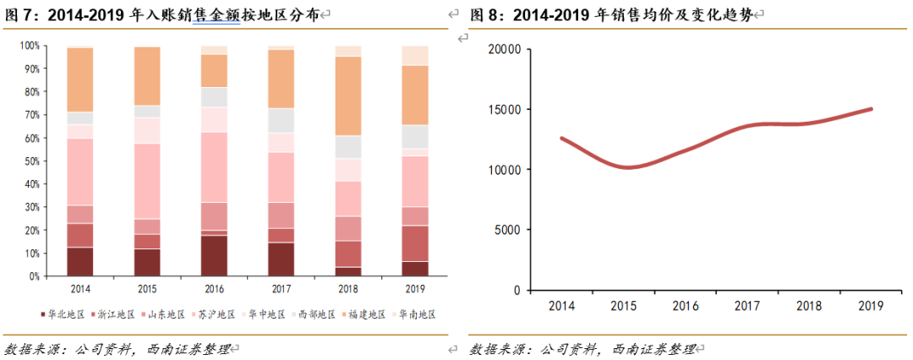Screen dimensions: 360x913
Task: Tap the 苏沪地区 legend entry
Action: [x=217, y=314]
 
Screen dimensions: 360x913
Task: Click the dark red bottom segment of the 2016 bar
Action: [x=215, y=255]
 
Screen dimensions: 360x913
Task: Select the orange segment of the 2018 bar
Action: [x=349, y=95]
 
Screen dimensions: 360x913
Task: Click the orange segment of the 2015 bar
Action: [x=147, y=76]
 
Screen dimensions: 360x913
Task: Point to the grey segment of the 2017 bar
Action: [x=282, y=120]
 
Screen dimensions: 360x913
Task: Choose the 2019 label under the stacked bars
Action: [x=416, y=287]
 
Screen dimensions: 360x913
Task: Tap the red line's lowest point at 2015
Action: [x=626, y=167]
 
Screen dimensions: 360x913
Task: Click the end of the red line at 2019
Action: [x=871, y=109]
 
